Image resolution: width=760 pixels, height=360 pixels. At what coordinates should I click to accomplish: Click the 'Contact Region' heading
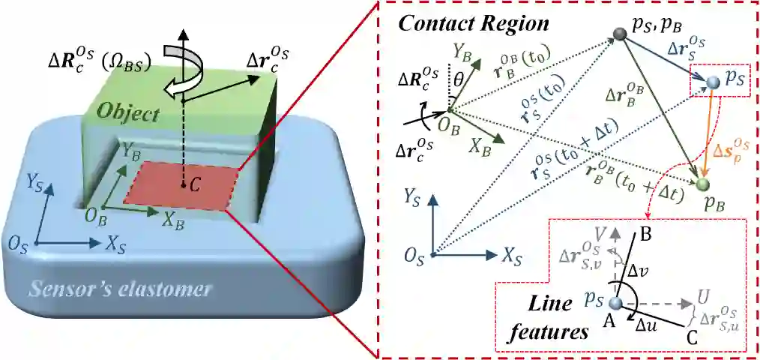click(474, 22)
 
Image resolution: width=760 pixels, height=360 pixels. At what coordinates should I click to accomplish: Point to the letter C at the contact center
click(194, 186)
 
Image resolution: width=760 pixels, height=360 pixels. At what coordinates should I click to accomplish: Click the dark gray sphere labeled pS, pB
click(619, 34)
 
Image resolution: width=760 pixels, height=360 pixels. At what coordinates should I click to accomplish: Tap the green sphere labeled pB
click(702, 183)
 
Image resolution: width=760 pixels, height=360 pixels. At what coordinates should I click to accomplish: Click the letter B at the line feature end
click(646, 234)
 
